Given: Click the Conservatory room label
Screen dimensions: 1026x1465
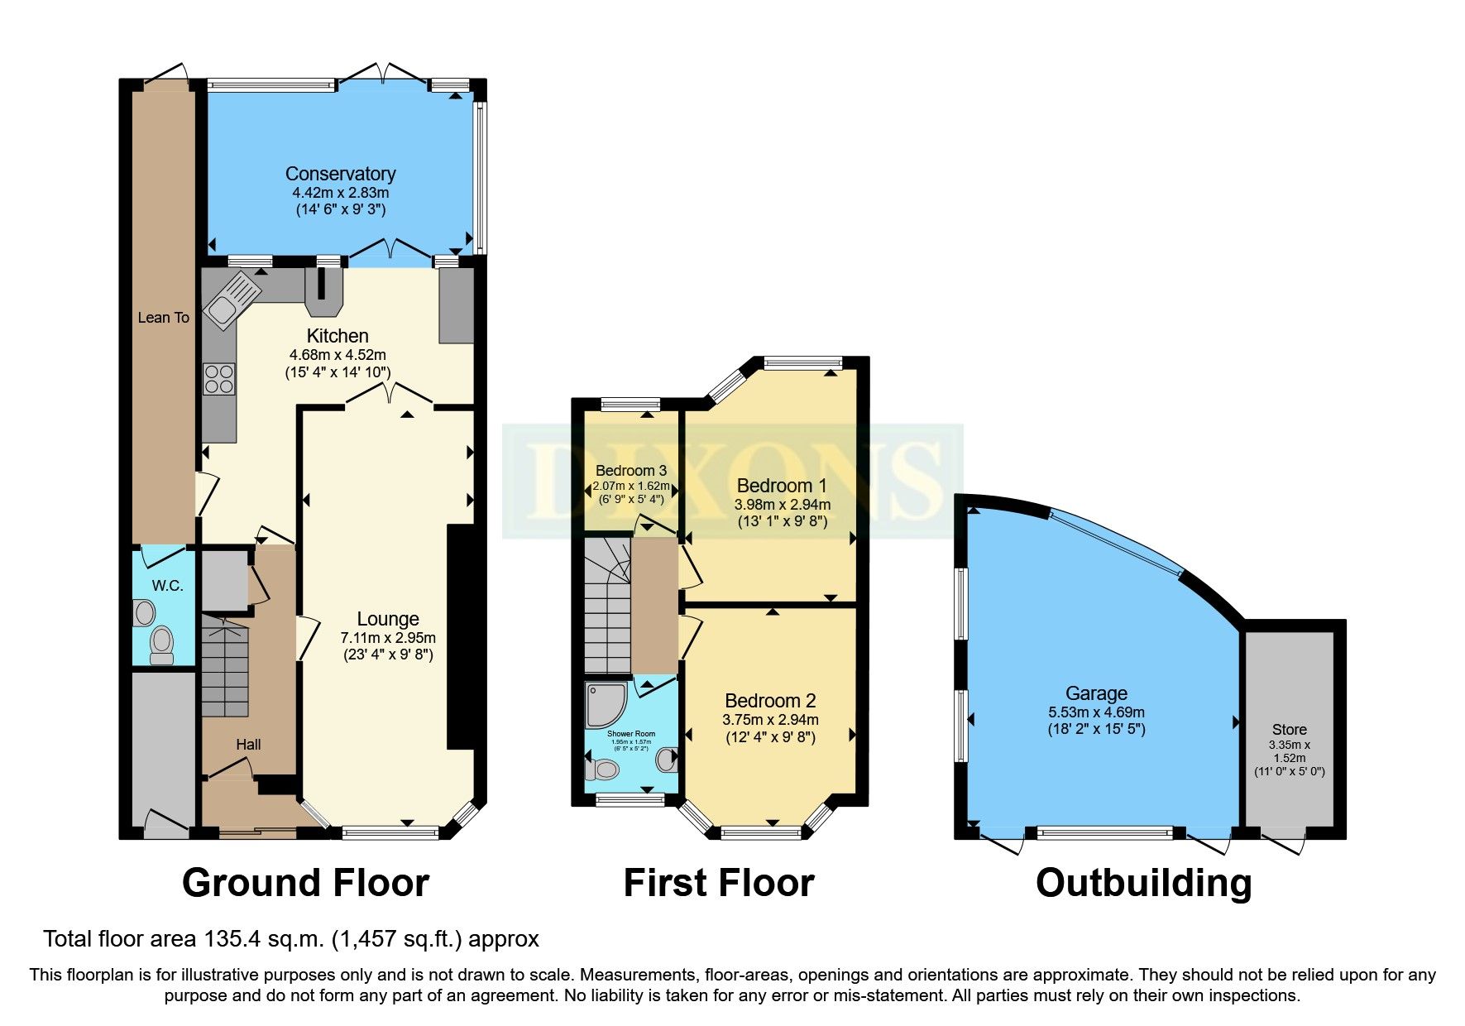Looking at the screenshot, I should click(x=340, y=174).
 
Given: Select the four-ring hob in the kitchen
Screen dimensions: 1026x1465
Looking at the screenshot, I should click(x=218, y=379).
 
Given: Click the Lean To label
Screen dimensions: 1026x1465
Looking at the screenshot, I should click(x=163, y=318).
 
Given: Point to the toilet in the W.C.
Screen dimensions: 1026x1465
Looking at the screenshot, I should click(x=161, y=643).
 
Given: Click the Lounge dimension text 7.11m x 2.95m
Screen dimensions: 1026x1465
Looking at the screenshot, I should click(x=388, y=638).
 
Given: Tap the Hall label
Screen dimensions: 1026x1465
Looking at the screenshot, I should click(x=248, y=745).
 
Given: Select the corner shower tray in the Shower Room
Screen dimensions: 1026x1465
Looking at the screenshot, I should click(x=605, y=704).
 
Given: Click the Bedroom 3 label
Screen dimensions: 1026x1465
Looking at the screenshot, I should click(x=630, y=471).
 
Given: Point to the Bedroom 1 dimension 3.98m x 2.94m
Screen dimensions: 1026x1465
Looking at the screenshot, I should click(x=782, y=504).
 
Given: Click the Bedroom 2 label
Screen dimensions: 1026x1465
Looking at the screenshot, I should click(x=770, y=701).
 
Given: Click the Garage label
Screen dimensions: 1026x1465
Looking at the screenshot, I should click(x=1096, y=693).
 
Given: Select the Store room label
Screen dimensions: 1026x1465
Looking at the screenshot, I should click(x=1289, y=730).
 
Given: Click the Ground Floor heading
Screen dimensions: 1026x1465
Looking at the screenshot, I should click(x=305, y=883).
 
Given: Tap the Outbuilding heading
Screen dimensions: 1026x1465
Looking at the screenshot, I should click(x=1143, y=883).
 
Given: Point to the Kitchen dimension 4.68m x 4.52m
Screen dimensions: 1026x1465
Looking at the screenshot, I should click(x=338, y=355).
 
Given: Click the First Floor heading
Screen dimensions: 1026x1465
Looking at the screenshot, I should click(x=718, y=883).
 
